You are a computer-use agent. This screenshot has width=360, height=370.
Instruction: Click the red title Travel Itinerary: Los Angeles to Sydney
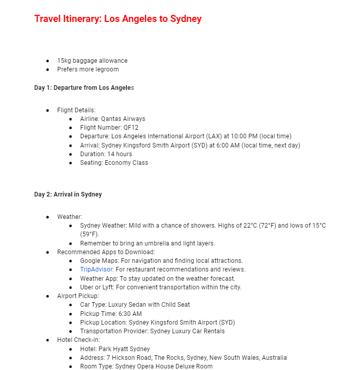pos(118,19)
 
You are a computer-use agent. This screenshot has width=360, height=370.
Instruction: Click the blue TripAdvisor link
pos(96,269)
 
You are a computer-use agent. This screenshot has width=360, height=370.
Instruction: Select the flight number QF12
pos(131,128)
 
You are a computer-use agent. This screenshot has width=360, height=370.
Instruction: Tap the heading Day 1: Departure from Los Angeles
pos(84,88)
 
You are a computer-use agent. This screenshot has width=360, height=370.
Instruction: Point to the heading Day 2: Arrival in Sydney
pos(68,194)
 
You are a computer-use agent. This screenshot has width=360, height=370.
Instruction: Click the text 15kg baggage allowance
pos(92,61)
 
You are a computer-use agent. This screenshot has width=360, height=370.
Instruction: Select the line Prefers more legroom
pos(88,69)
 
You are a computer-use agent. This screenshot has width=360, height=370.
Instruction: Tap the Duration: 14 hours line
pos(106,154)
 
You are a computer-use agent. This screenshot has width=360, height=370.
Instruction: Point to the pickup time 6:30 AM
pos(130,314)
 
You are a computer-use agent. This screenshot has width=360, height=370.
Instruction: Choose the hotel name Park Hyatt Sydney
pos(126,349)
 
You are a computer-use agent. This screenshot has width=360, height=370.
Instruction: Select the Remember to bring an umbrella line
pos(148,243)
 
